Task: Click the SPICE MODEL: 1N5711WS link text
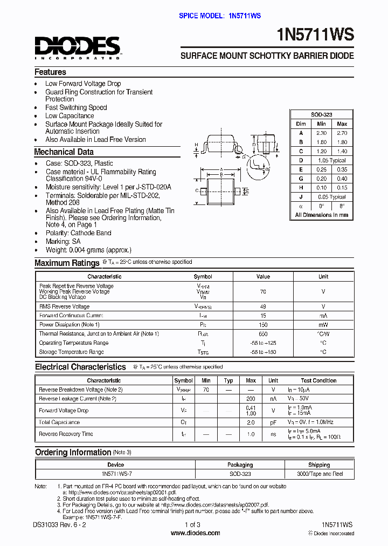pos(220,16)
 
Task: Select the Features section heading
pos(50,72)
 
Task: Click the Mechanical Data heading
pos(64,152)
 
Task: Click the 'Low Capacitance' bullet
pos(70,115)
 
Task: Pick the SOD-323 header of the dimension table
pos(321,115)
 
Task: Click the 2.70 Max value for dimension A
pos(342,133)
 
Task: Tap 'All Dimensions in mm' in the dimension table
pos(321,215)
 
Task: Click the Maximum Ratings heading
pos(67,263)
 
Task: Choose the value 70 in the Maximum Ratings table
pos(263,291)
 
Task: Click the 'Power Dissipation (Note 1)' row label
pos(70,325)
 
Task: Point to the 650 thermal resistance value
pos(263,334)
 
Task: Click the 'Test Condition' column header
pos(318,380)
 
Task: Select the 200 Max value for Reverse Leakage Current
pos(251,399)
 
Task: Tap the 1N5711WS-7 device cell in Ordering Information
pos(116,474)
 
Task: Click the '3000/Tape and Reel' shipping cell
pos(319,474)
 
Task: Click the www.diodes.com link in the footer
pos(195,533)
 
